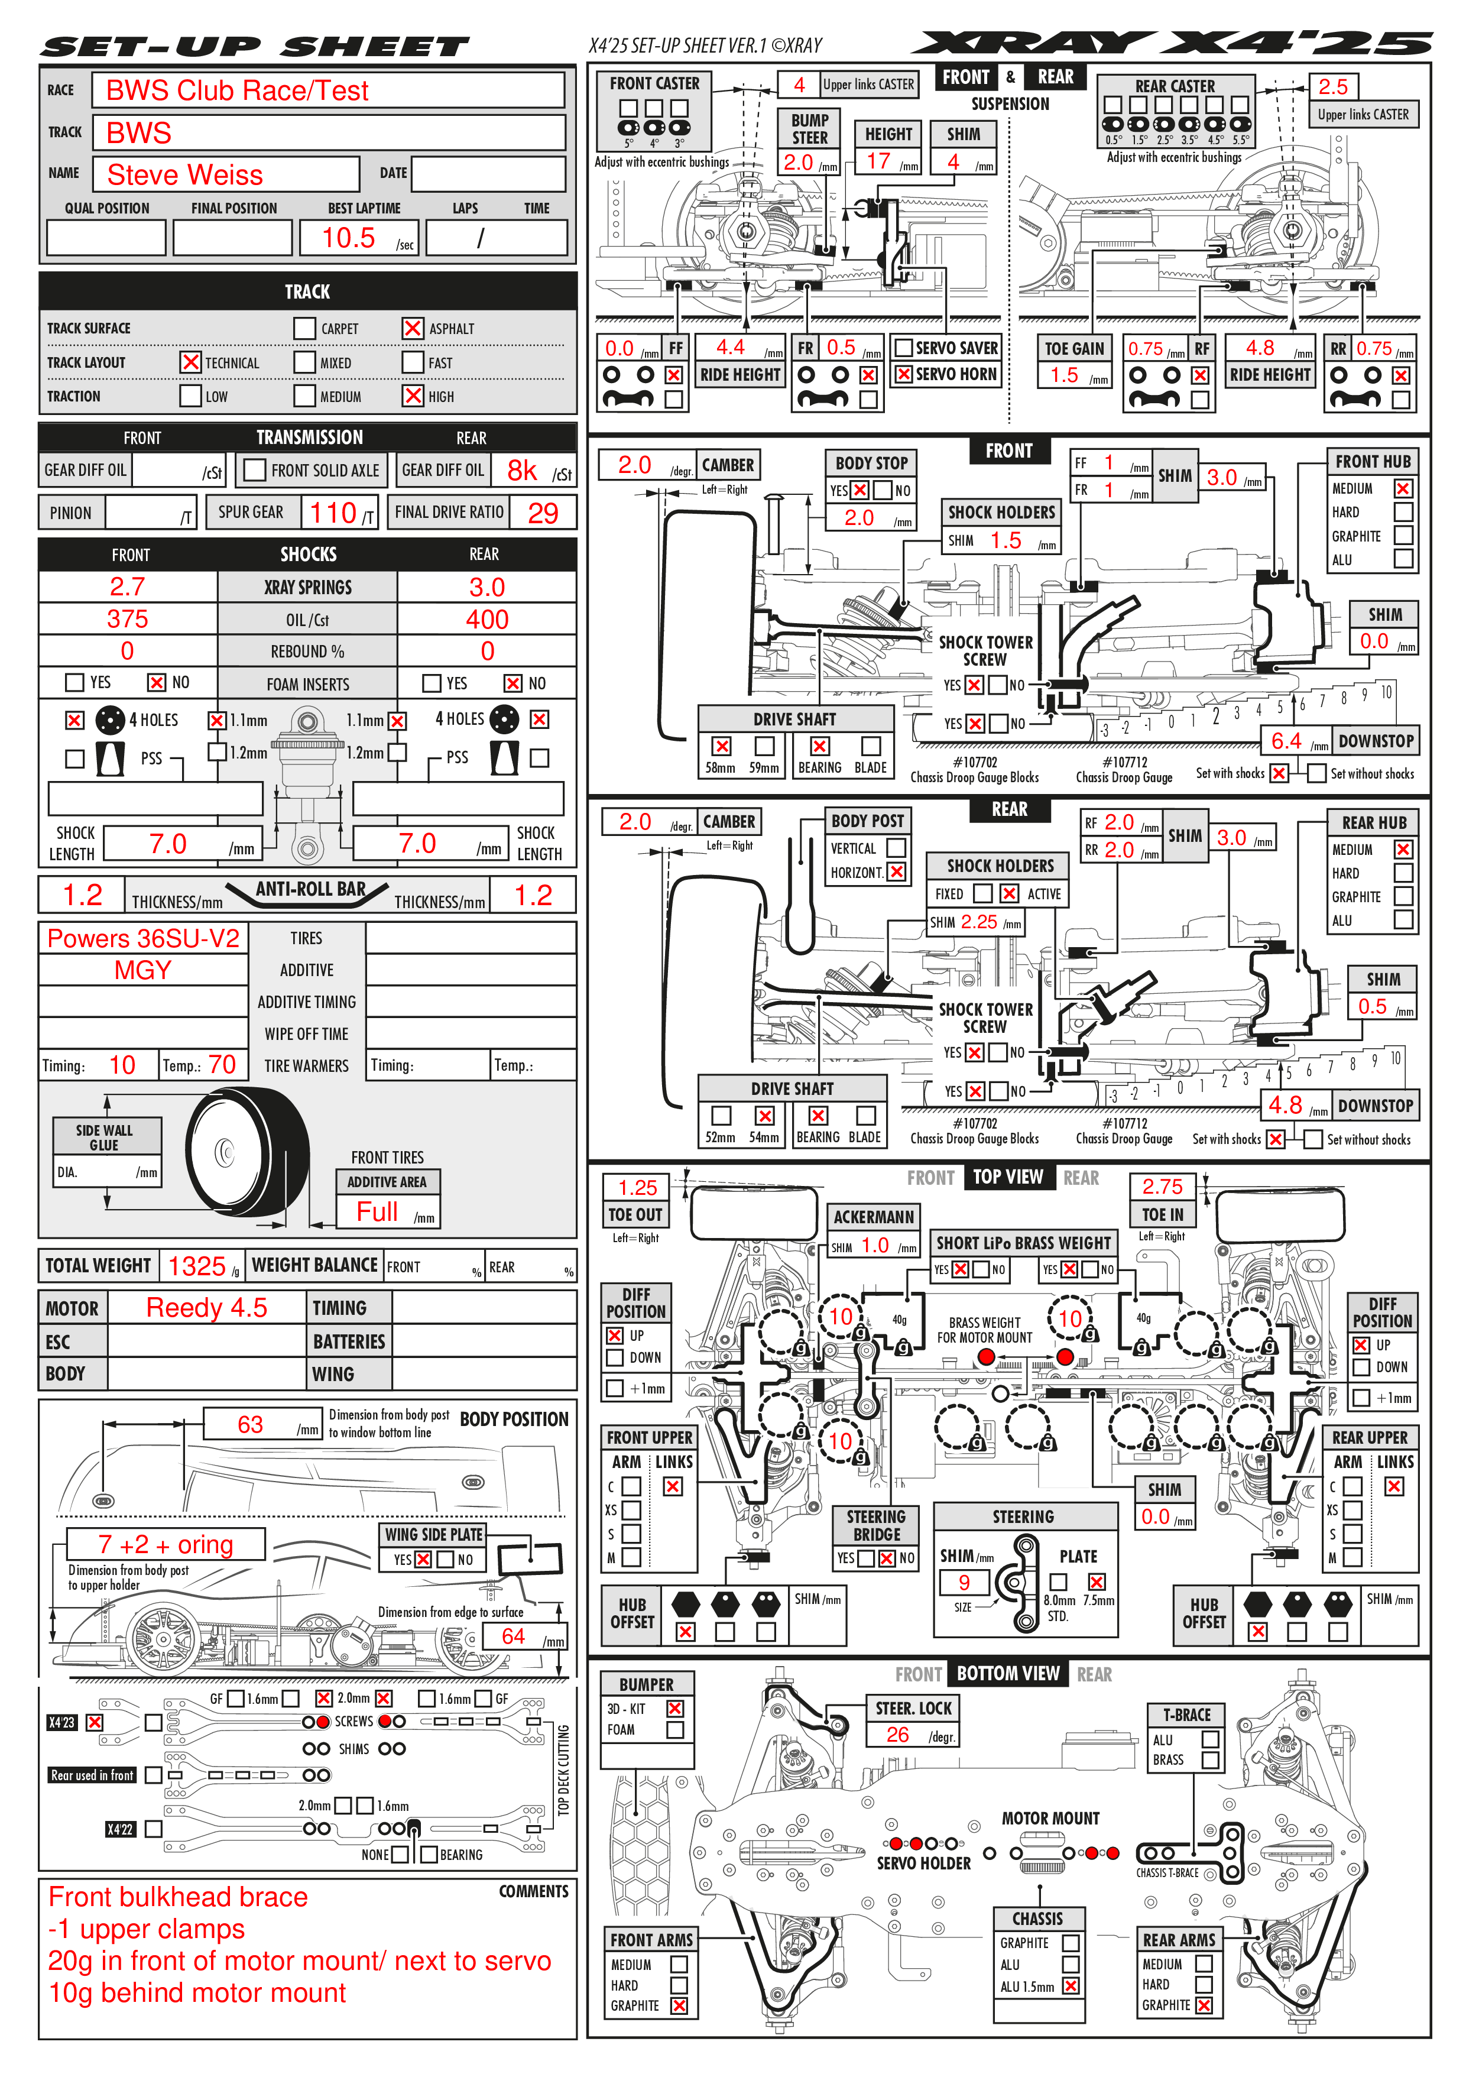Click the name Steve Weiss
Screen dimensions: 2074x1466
tap(185, 174)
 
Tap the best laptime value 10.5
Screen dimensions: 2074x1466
tap(349, 238)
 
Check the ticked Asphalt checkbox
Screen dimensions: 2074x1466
tap(413, 328)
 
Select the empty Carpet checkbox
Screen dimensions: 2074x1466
tap(304, 328)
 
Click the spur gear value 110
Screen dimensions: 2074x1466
tap(333, 513)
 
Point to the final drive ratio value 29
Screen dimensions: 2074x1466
tap(543, 513)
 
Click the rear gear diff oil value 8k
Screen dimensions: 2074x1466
tap(522, 471)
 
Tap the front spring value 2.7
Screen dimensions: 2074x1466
tap(127, 587)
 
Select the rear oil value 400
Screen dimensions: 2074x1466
tap(487, 620)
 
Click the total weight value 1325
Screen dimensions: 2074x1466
tap(197, 1266)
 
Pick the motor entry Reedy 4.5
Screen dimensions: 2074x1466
tap(207, 1308)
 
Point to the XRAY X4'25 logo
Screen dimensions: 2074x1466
tap(1172, 43)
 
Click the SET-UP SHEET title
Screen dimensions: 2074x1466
tap(255, 47)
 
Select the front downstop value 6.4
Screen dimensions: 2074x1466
tap(1286, 741)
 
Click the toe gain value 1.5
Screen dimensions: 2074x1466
tap(1065, 375)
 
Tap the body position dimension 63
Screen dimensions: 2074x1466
tap(250, 1424)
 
